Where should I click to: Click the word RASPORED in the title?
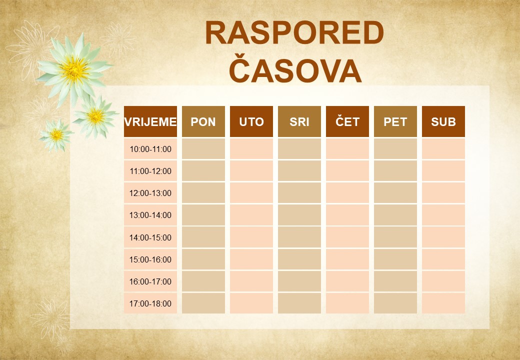coord(294,34)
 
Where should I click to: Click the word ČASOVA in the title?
coord(295,71)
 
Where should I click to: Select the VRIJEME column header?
coord(150,121)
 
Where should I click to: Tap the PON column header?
coord(203,121)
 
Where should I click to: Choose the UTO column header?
coord(251,121)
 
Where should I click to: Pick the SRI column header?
coord(299,121)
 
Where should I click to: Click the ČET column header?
coord(347,121)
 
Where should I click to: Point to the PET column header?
coord(395,121)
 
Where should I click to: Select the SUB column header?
coord(443,121)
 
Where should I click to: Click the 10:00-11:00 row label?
coord(150,149)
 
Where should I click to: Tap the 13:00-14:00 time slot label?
coord(150,215)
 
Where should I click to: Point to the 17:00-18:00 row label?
coord(150,303)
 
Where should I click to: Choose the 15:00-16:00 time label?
coord(150,259)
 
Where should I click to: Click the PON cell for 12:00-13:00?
coord(203,193)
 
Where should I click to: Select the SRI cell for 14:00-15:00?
coord(299,237)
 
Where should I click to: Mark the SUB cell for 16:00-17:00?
coord(443,281)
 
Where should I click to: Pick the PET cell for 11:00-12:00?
coord(395,171)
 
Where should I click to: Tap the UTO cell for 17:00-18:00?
coord(251,303)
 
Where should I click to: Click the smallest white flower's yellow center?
coord(56,134)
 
